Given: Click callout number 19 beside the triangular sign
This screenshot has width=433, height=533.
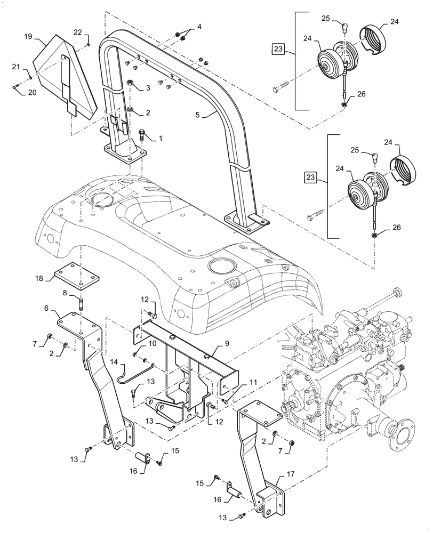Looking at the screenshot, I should [x=28, y=36].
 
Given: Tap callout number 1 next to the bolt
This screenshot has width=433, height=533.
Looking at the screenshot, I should [x=159, y=138].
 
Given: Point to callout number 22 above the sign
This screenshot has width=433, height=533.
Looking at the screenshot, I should [x=77, y=33].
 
